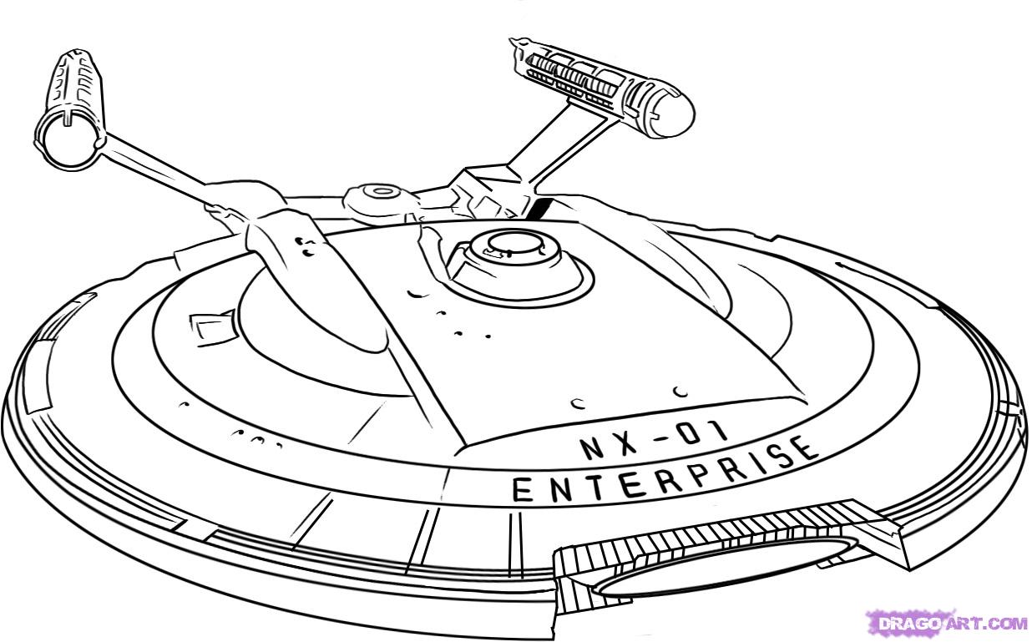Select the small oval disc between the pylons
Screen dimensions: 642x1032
pyautogui.click(x=383, y=194)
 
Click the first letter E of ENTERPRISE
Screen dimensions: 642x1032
pyautogui.click(x=522, y=492)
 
